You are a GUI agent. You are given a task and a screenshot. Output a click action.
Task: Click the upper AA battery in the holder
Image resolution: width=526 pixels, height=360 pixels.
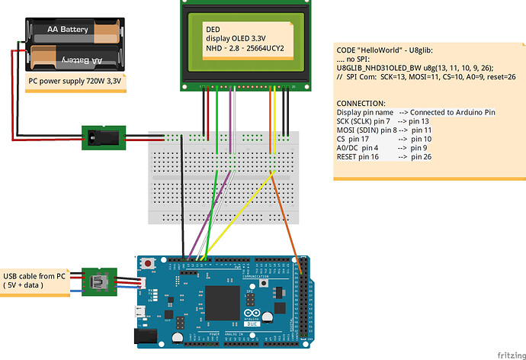click(75, 31)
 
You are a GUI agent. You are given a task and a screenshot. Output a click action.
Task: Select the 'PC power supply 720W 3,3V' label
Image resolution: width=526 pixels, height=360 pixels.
click(73, 80)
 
